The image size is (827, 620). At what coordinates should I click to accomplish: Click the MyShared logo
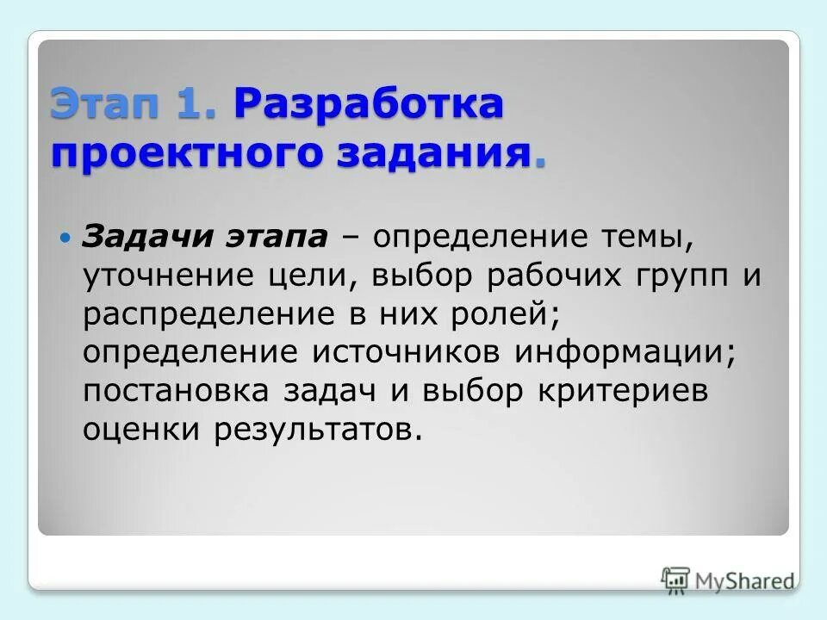point(728,579)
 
